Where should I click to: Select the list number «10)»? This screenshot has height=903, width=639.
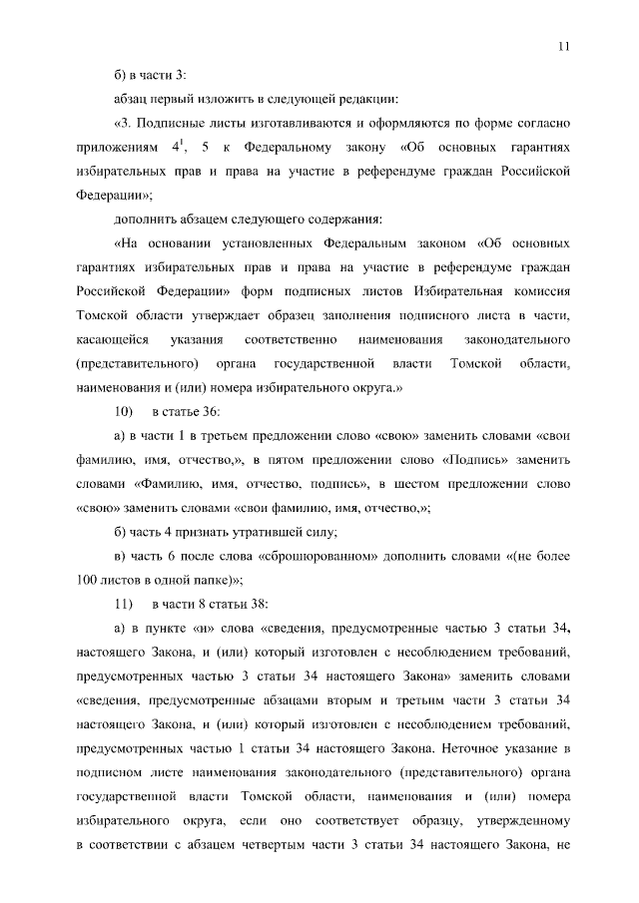click(125, 412)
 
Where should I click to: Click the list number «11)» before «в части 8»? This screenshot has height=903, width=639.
click(125, 604)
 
